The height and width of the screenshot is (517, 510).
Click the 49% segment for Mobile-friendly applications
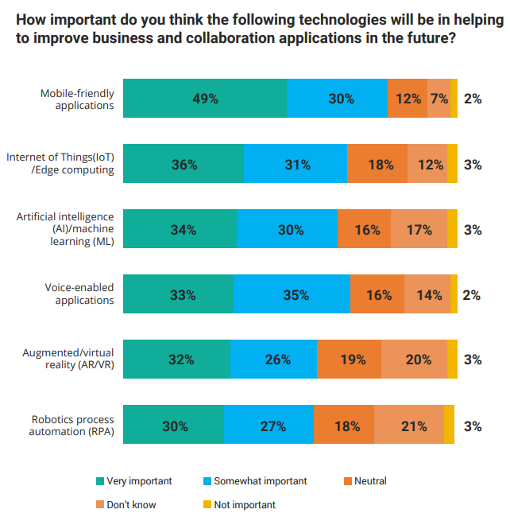click(x=205, y=99)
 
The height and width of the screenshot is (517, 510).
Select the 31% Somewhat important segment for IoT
click(x=296, y=164)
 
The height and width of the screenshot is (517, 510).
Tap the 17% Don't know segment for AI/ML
click(x=419, y=228)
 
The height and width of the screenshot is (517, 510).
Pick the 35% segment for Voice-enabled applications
click(x=292, y=293)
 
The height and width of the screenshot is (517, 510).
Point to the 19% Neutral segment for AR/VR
click(x=349, y=359)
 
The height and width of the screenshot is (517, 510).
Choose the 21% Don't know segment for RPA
click(x=409, y=425)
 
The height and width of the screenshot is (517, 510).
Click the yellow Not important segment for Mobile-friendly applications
click(x=454, y=99)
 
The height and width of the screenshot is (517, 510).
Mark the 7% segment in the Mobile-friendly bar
click(x=439, y=99)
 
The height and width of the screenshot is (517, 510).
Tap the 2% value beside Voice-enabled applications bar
click(x=472, y=295)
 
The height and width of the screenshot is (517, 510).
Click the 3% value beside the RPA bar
click(x=473, y=426)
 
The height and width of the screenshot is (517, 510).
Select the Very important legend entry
click(x=133, y=481)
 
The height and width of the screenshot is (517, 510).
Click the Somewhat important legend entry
click(x=255, y=481)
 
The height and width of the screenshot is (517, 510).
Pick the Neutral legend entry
click(x=365, y=481)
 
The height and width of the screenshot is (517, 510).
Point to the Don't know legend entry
click(x=126, y=504)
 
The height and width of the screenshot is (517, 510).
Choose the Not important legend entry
click(x=239, y=504)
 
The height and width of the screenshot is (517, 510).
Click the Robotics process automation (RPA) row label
click(x=71, y=426)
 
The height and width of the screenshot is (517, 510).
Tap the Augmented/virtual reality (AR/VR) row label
click(x=68, y=359)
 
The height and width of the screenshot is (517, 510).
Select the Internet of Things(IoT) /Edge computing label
click(x=60, y=163)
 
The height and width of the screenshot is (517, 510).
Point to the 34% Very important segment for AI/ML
click(x=180, y=228)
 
